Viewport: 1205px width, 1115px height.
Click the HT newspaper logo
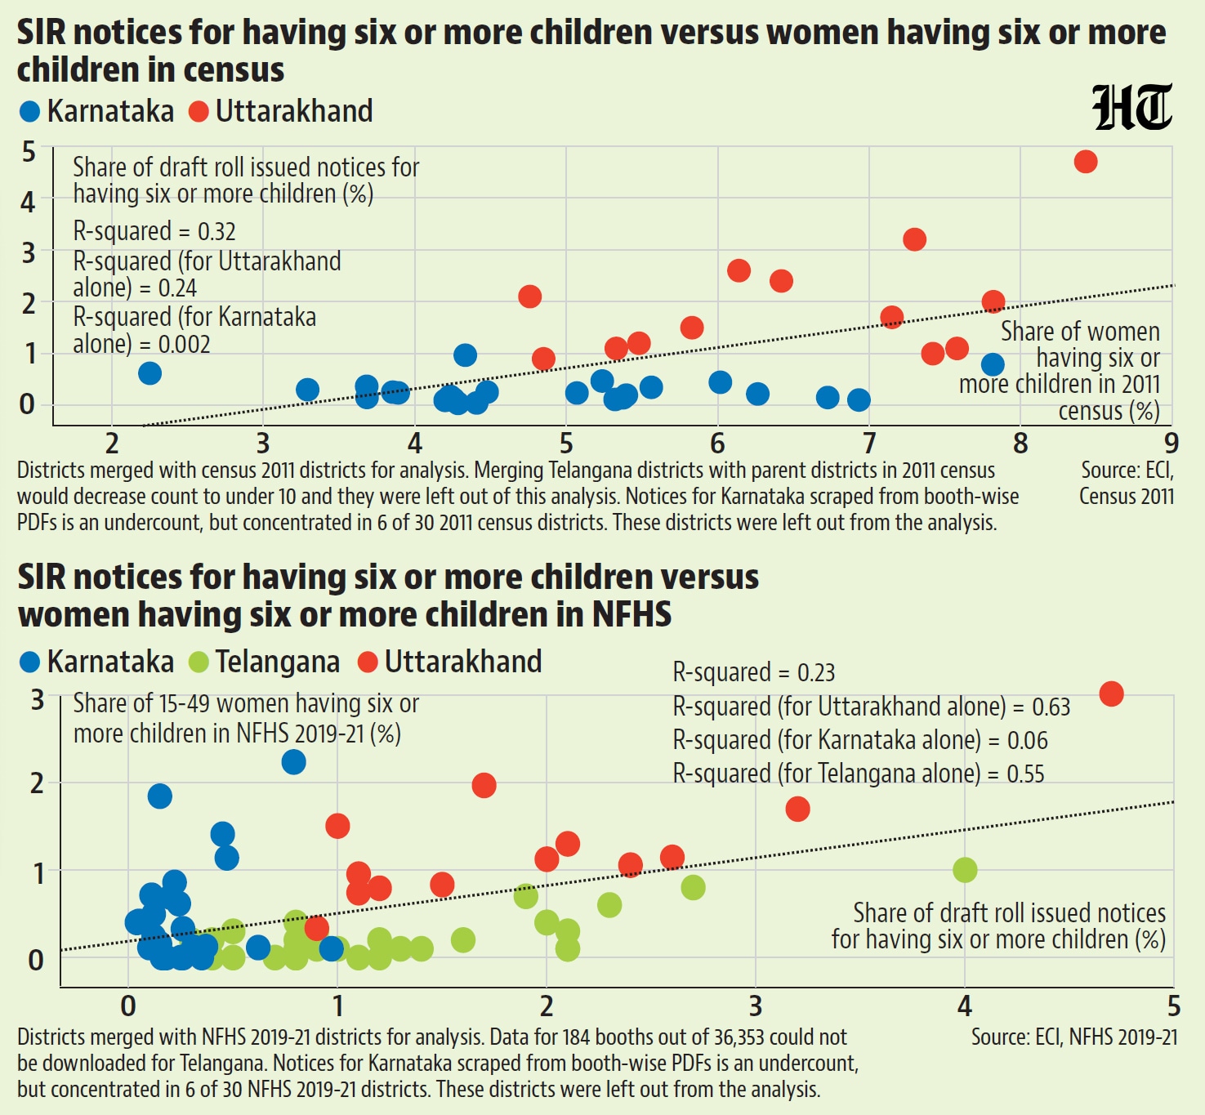(1132, 107)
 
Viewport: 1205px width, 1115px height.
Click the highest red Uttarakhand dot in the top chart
(1086, 162)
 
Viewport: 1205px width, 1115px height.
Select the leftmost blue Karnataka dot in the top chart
(150, 373)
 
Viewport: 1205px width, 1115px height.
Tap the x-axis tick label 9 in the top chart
(1171, 444)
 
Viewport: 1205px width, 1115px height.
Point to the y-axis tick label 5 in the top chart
(29, 152)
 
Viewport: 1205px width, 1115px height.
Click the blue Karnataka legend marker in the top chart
(29, 112)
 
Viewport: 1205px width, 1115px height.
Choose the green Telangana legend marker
(199, 662)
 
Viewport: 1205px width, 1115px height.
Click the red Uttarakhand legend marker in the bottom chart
(368, 662)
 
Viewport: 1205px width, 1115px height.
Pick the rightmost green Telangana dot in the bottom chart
(966, 870)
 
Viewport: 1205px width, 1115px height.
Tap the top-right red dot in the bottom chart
(1112, 694)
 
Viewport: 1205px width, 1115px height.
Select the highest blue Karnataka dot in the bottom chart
(293, 762)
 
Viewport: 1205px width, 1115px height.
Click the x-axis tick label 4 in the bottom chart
(965, 1007)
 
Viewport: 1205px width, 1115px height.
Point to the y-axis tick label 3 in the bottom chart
(37, 700)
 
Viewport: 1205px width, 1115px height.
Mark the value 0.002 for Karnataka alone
(184, 345)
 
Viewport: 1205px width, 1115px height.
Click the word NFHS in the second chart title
(632, 615)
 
